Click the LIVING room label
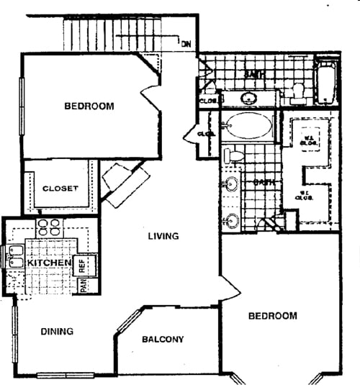(163, 235)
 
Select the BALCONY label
(162, 339)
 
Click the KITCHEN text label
(48, 263)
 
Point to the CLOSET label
(60, 189)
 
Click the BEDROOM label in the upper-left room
(89, 106)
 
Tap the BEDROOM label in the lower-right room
(273, 316)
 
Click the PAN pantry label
(83, 286)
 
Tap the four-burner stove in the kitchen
(49, 228)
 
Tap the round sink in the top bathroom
(250, 97)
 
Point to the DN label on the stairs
(186, 45)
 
